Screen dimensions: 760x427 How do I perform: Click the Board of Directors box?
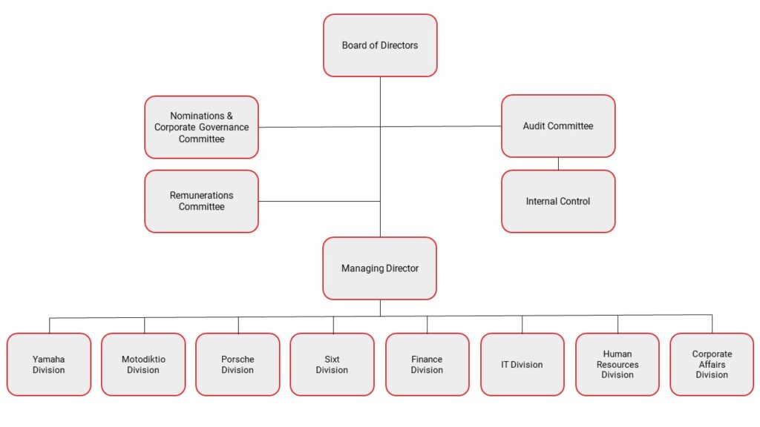tap(380, 45)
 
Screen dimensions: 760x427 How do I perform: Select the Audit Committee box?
tap(558, 126)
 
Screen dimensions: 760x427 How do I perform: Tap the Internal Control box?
tap(558, 202)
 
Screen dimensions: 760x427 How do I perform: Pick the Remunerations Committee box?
tap(202, 202)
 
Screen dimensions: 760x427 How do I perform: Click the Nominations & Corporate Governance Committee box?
tap(202, 128)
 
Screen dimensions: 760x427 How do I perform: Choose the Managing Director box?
tap(380, 268)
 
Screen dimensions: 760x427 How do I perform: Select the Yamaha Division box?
tap(49, 365)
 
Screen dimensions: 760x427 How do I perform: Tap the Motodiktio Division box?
tap(143, 365)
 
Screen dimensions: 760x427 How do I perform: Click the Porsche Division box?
tap(237, 365)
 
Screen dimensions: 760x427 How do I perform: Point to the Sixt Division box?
tap(332, 365)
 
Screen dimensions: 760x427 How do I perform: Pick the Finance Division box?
tap(427, 365)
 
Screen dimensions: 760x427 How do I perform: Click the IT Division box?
tap(522, 365)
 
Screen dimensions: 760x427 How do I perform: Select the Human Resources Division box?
tap(617, 365)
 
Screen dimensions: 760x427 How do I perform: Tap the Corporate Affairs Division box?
tap(712, 365)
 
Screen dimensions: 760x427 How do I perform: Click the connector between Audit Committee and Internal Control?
tap(558, 164)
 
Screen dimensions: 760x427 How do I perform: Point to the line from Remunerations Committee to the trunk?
tap(319, 201)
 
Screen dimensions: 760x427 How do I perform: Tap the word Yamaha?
tap(48, 360)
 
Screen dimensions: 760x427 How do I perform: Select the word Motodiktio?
tap(143, 360)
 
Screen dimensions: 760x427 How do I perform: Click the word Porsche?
tap(237, 360)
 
